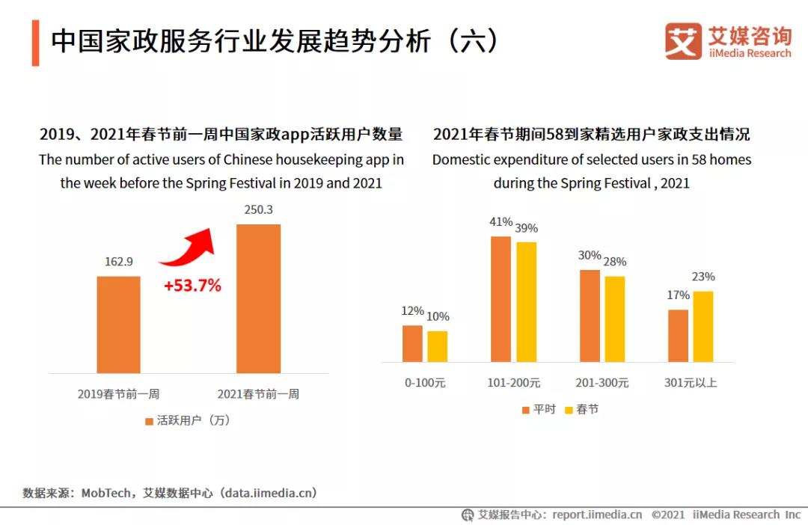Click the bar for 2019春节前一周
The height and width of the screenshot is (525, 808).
118,325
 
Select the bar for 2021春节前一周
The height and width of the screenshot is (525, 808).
258,298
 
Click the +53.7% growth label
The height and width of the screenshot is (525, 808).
192,285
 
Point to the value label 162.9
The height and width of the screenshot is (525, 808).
118,262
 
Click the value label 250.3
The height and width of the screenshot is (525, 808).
258,209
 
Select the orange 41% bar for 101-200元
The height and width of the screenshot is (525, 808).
501,299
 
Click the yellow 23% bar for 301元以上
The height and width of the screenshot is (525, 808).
703,327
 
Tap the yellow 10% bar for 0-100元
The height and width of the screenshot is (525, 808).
438,346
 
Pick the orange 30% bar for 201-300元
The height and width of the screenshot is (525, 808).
590,316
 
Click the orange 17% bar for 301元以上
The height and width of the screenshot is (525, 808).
678,336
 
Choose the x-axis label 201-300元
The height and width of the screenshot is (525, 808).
602,383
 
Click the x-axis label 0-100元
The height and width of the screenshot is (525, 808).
425,383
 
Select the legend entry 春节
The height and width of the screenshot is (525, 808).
581,410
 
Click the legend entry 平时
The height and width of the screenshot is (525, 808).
538,410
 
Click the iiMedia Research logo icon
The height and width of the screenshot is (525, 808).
682,40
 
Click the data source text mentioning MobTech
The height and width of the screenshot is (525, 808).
170,493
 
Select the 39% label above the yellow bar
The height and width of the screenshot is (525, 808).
526,228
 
